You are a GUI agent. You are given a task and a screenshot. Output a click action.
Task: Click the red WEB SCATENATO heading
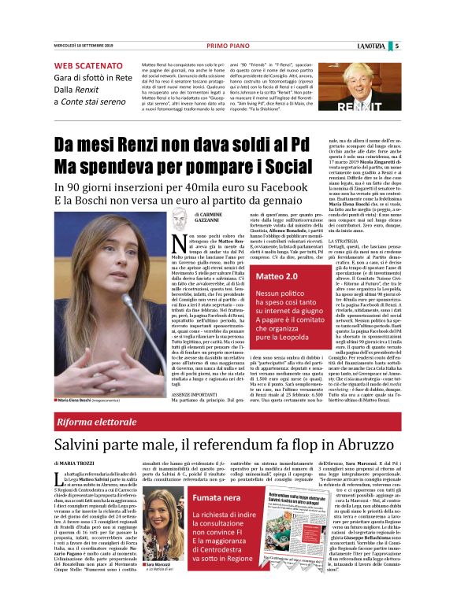87,65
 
